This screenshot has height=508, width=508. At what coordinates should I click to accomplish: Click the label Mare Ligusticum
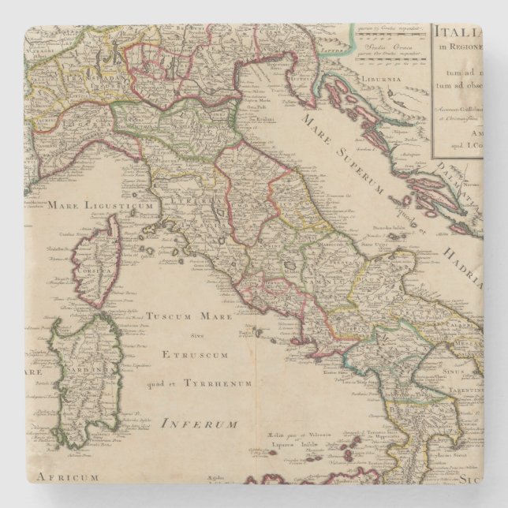pos(99,206)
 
